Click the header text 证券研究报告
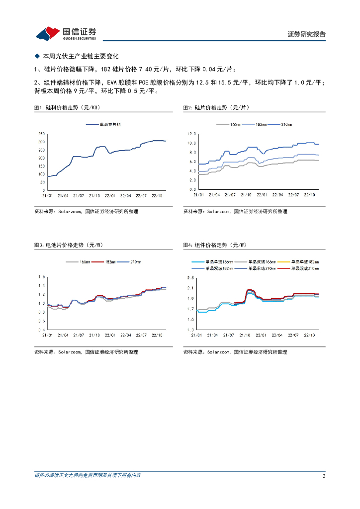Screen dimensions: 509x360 307,34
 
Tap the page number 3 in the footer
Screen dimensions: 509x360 324,477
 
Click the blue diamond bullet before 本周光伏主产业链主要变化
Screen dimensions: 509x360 36,57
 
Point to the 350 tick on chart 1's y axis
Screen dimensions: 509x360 41,134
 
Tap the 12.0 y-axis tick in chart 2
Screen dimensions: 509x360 191,134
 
